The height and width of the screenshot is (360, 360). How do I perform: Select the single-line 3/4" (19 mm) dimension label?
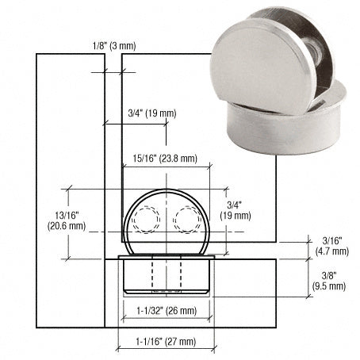pos(151,114)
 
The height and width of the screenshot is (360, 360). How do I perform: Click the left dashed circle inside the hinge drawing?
pos(145,220)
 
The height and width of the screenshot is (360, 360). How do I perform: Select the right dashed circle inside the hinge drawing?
pos(189,220)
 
